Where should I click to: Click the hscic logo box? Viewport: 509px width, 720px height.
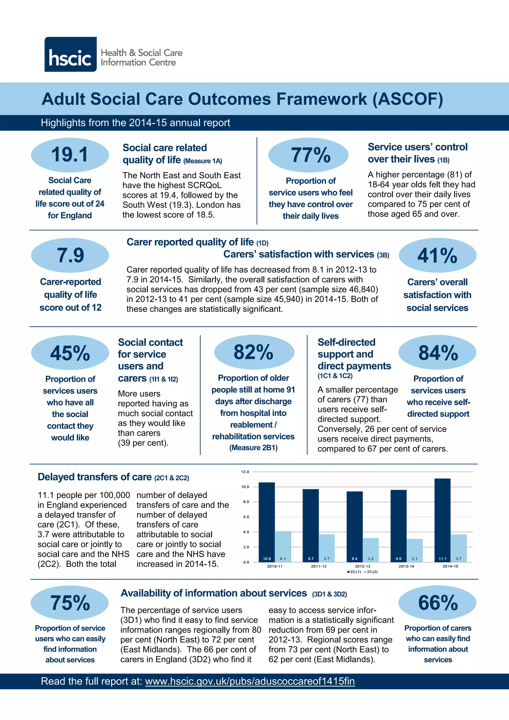point(71,54)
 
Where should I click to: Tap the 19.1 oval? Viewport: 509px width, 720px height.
point(70,155)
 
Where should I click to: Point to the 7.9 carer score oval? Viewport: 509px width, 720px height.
point(70,255)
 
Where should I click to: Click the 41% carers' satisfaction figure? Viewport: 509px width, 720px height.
point(437,255)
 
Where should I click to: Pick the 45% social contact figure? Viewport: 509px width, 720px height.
point(70,353)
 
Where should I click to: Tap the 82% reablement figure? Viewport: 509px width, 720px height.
point(254,352)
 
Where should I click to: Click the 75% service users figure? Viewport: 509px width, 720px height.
point(70,603)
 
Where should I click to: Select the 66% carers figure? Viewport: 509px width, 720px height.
point(437,603)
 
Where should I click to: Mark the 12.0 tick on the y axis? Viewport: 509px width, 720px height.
point(245,472)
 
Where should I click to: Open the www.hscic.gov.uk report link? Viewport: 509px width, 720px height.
point(250,681)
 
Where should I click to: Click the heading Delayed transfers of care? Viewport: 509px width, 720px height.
point(95,477)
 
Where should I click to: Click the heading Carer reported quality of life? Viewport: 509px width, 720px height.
point(190,242)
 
